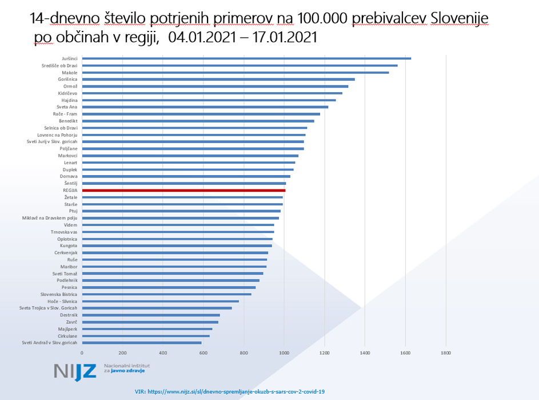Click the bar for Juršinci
[x=246, y=58]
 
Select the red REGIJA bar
[x=183, y=190]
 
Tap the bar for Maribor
[x=174, y=267]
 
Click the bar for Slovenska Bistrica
[x=166, y=294]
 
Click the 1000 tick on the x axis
[x=284, y=353]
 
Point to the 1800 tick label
[x=446, y=353]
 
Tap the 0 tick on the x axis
[x=82, y=353]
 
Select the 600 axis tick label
[x=203, y=353]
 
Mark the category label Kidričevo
[x=67, y=93]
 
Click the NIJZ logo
[x=75, y=371]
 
